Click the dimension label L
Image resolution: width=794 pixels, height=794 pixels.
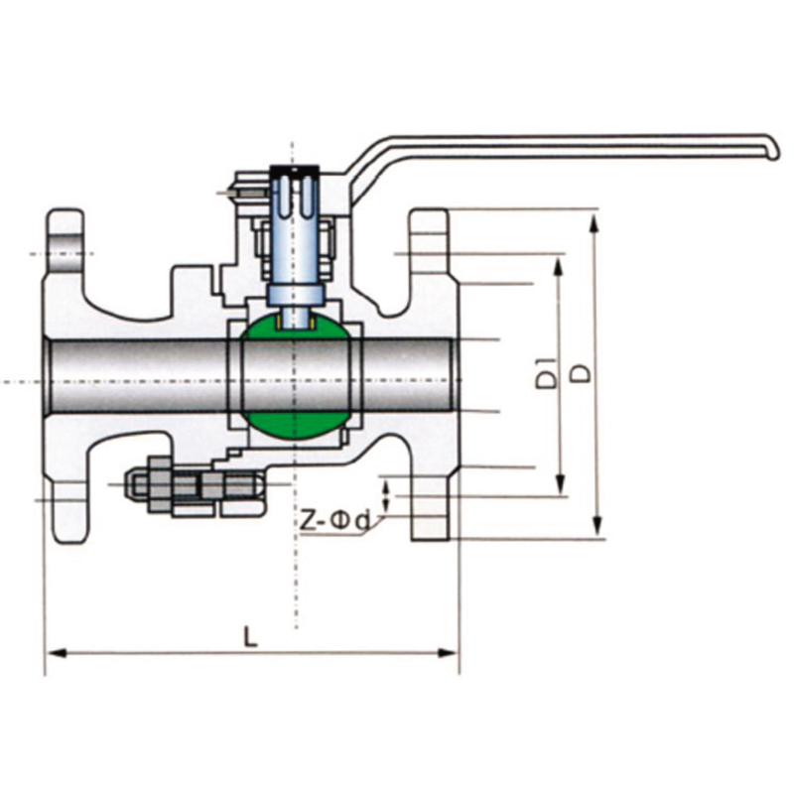pyautogui.click(x=250, y=637)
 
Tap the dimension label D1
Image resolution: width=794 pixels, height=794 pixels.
pyautogui.click(x=547, y=374)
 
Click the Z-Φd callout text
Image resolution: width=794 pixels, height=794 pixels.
pyautogui.click(x=334, y=521)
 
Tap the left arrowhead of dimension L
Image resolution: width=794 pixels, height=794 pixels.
pyautogui.click(x=56, y=653)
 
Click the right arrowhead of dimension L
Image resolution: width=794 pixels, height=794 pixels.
pyautogui.click(x=449, y=653)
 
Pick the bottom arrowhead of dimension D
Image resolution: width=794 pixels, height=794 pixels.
pyautogui.click(x=598, y=525)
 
